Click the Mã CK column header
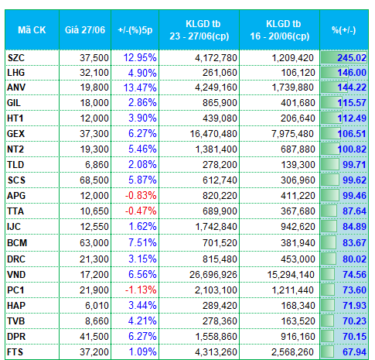click(x=32, y=30)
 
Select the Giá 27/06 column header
click(x=85, y=30)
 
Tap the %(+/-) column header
click(x=344, y=30)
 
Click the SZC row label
click(x=16, y=57)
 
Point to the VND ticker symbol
click(x=16, y=274)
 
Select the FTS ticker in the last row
click(x=15, y=351)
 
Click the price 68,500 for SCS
click(x=94, y=180)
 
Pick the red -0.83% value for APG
click(x=141, y=195)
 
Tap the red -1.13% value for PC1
click(x=141, y=290)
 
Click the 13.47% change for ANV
click(x=140, y=87)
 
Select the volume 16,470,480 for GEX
click(x=213, y=134)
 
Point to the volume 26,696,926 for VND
click(x=213, y=274)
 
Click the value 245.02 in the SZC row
click(x=352, y=57)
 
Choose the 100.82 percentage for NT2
click(x=352, y=149)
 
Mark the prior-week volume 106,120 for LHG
click(x=298, y=73)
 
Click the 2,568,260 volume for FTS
click(x=292, y=351)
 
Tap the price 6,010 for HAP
click(x=97, y=305)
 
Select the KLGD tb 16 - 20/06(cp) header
click(x=280, y=30)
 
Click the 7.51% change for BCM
click(x=142, y=242)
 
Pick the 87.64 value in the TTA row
click(x=354, y=211)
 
